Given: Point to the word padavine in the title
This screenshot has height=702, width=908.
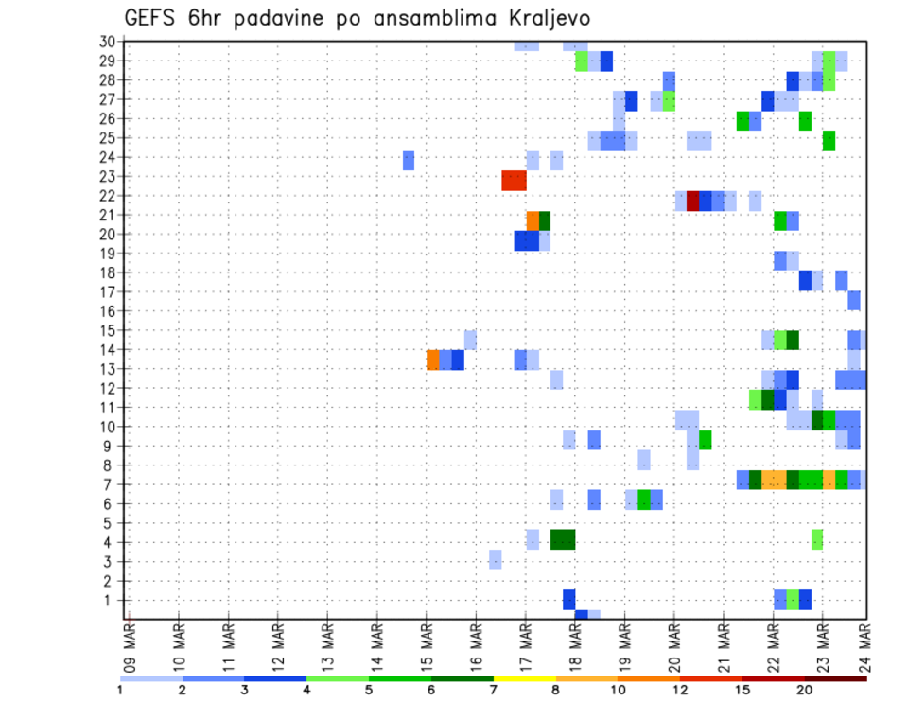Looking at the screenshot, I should [x=289, y=19].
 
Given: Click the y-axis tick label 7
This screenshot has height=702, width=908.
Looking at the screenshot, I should [x=111, y=484].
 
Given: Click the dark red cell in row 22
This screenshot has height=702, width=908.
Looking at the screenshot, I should [x=692, y=201].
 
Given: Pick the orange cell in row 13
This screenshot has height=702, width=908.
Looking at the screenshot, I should [x=433, y=360].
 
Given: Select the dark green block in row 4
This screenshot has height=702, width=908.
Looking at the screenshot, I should [x=563, y=539].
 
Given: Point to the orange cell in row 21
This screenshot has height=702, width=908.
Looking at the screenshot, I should [x=533, y=220].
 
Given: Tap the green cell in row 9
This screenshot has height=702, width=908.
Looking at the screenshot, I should [x=706, y=440].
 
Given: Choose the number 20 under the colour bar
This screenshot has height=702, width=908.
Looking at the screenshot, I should [x=805, y=691].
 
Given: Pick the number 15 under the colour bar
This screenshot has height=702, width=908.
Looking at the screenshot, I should [x=742, y=691].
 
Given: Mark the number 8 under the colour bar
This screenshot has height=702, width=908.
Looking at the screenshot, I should [x=555, y=691].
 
